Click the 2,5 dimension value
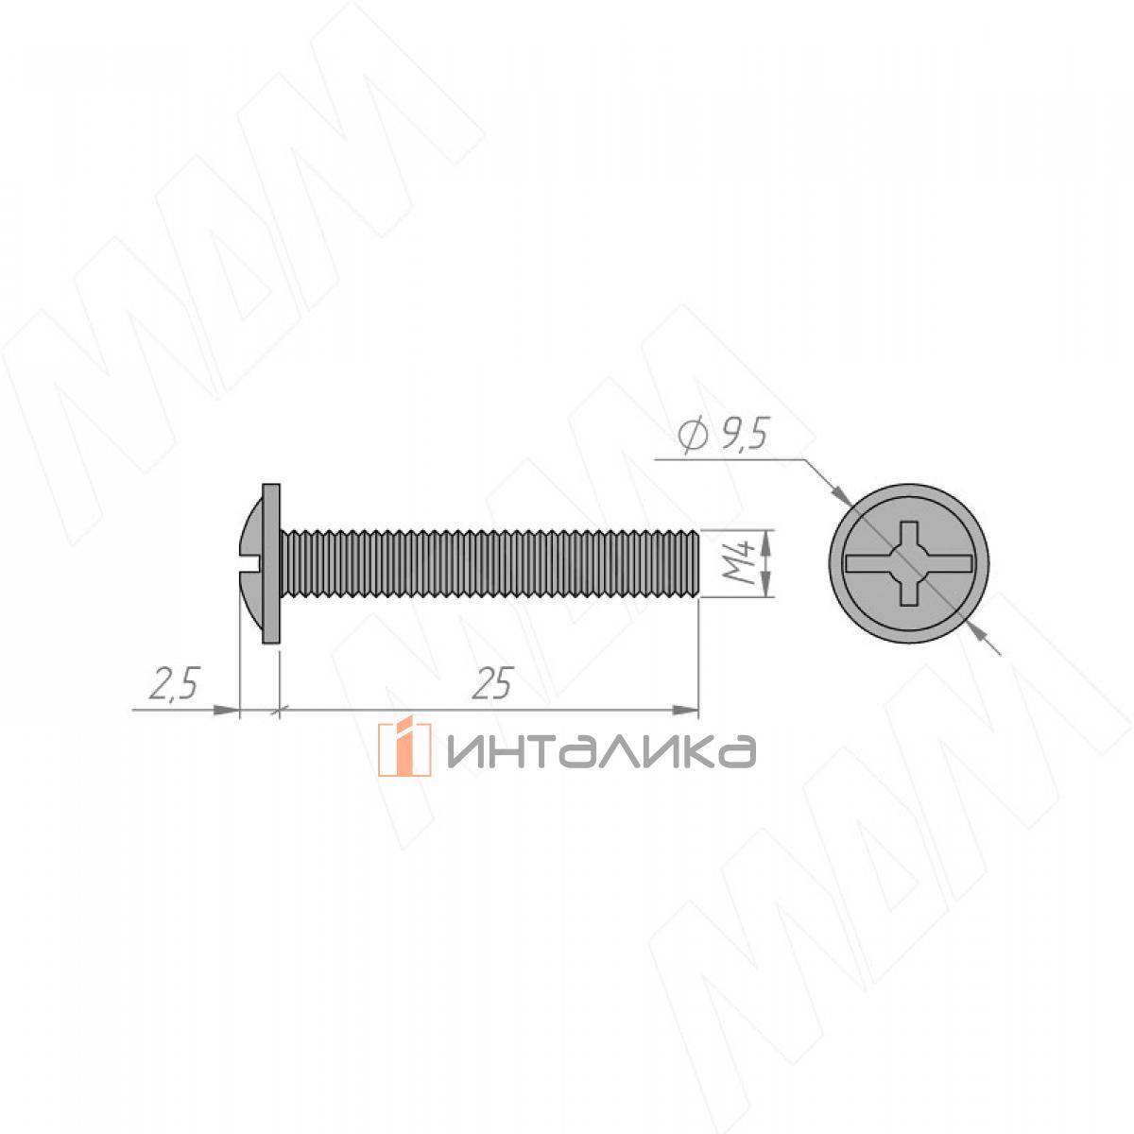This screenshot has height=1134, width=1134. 174,683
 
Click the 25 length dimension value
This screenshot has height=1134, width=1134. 493,683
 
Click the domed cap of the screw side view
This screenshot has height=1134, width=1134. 253,564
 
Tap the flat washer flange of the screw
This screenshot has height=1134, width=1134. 271,564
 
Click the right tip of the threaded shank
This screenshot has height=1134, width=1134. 698,564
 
